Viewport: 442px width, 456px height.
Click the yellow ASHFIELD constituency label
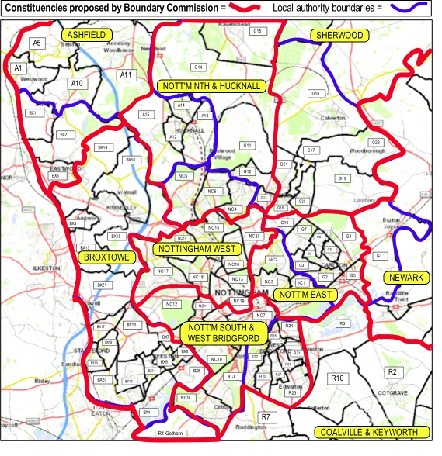coord(86,35)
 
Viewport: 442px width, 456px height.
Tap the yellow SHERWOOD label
coord(338,36)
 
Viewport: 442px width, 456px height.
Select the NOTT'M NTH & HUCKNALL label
coord(211,85)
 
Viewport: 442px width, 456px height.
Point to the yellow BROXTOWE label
coord(106,255)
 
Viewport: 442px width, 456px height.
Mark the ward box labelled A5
coord(36,43)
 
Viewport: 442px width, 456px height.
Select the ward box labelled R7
coord(266,417)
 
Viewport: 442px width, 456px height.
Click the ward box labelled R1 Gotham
coord(168,433)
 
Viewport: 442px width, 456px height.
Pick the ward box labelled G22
coord(376,143)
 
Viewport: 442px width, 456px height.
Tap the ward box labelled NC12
coord(172,303)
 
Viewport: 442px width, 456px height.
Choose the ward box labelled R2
coord(392,372)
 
